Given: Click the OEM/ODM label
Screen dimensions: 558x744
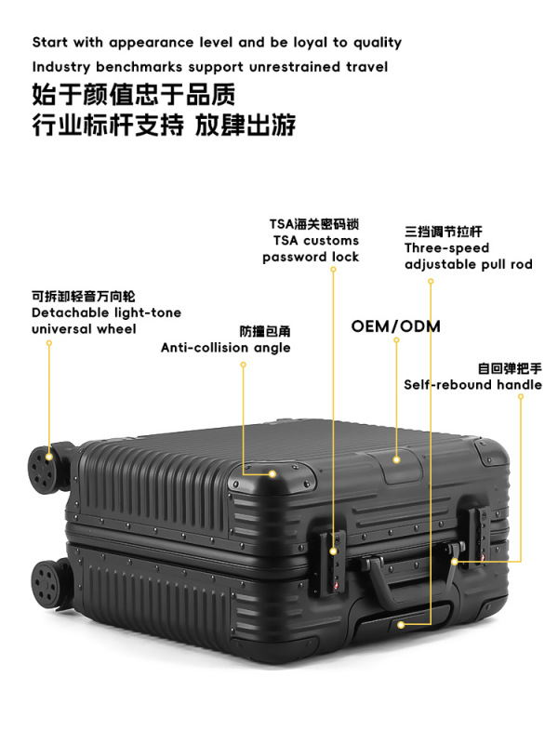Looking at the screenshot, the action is click(395, 326).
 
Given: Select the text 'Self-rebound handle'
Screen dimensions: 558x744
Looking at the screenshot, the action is click(472, 385).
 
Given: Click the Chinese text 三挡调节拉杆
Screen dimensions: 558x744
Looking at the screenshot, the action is click(444, 231).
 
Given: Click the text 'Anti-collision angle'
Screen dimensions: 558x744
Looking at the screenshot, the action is click(225, 348).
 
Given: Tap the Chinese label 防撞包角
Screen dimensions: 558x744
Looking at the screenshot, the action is click(265, 331).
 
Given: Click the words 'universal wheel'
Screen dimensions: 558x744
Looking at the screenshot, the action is click(84, 329).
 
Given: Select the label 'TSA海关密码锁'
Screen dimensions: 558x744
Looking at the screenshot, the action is click(314, 224).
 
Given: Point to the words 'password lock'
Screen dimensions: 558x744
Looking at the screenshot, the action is click(311, 258).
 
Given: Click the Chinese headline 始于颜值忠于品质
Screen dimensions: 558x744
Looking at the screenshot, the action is click(134, 95).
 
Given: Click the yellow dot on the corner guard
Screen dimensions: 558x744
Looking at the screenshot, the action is click(272, 473).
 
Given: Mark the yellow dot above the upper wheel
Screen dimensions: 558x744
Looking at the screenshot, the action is click(49, 343).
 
